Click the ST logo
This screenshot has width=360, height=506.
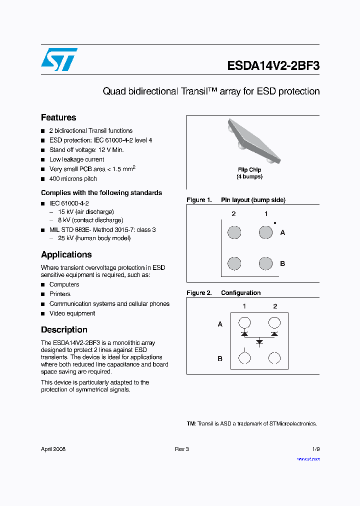point(59,59)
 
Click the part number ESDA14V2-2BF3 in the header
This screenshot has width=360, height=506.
point(273,66)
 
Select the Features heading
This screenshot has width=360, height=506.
point(58,117)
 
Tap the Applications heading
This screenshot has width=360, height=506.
point(66,254)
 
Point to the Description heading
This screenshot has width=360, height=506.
point(64,330)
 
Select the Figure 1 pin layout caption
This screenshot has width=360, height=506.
point(236,200)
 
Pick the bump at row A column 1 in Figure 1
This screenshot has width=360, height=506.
point(265,232)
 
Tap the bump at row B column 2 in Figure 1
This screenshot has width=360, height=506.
point(234,263)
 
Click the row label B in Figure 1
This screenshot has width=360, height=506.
point(282,263)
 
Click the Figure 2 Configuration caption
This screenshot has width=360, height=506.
point(223,293)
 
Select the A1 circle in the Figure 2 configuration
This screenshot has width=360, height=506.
point(244,322)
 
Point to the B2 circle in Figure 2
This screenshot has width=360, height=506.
point(274,358)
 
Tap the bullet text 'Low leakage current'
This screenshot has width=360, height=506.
point(76,159)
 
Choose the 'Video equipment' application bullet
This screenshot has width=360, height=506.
point(72,313)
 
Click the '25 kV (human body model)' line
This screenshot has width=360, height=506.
point(90,238)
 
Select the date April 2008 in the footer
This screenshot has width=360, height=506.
point(53,449)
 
